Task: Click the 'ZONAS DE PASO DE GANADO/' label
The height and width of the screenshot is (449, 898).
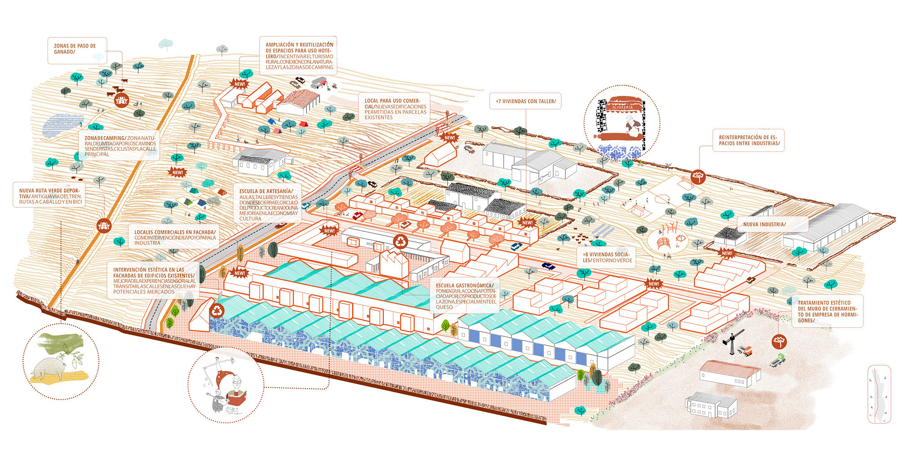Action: pos(75,49)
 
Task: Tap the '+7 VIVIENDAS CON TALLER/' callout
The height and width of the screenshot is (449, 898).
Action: pos(525,101)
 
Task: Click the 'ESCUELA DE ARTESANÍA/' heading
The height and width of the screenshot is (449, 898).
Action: pos(266,192)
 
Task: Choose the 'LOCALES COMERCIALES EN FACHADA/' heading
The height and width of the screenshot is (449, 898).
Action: pos(175,232)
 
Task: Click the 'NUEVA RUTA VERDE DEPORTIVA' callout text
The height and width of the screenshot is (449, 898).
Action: pos(49,196)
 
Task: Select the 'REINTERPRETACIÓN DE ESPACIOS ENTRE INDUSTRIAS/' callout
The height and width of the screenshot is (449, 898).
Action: pos(748,140)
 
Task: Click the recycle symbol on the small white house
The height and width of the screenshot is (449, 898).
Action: pos(218,310)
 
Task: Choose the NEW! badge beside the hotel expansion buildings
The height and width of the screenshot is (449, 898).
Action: pos(240,84)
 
